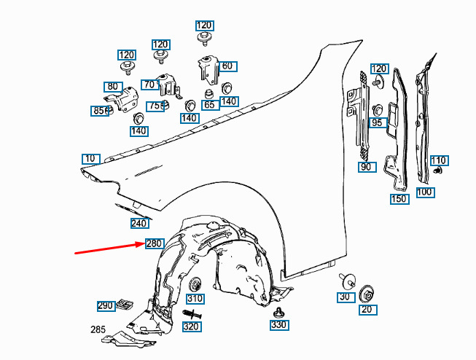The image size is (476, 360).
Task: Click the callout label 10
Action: point(90,159)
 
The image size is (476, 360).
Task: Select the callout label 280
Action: point(154,243)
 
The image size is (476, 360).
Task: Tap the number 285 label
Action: point(98,329)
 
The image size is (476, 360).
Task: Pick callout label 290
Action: point(106,305)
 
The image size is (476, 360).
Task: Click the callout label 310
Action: point(195,299)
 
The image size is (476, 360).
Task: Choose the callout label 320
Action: point(191,326)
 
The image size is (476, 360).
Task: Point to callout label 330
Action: point(278,324)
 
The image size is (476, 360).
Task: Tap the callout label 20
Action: point(367,310)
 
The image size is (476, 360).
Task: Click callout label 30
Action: point(344,297)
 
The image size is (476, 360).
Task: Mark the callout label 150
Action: point(399,199)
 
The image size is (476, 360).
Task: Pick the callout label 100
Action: point(424,192)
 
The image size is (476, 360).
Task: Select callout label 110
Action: point(439,160)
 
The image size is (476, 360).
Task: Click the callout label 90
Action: point(367,167)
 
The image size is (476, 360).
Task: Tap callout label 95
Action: point(377,123)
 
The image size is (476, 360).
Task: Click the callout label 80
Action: point(112,87)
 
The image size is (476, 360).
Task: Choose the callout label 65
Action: point(210,105)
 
